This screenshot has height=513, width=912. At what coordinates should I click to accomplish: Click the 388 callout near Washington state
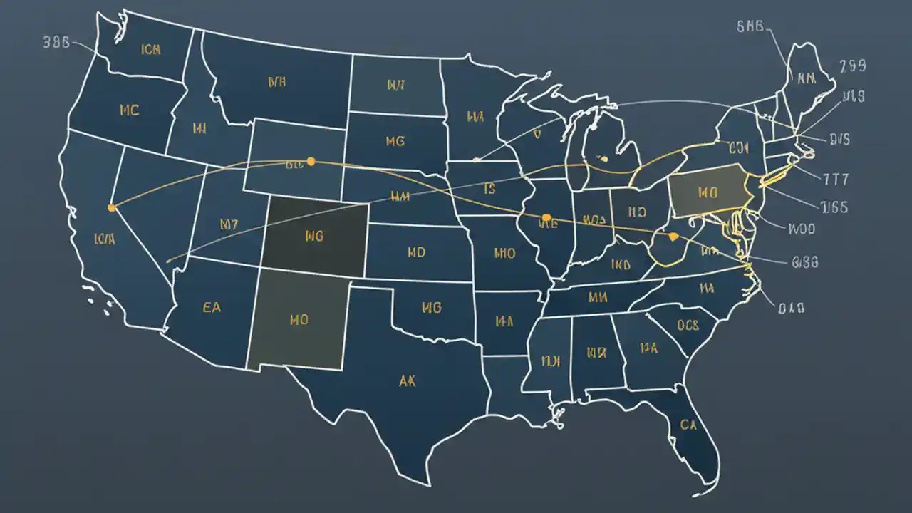tap(56, 41)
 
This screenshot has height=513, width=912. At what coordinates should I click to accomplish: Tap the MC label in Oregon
tap(130, 110)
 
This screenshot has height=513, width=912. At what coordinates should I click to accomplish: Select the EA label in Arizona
tap(212, 308)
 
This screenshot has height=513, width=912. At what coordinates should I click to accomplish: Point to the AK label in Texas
tap(408, 380)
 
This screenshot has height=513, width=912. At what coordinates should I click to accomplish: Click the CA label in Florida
tap(688, 425)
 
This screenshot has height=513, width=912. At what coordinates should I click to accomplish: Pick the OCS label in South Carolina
tap(688, 326)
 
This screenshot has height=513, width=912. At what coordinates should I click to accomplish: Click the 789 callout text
tap(852, 66)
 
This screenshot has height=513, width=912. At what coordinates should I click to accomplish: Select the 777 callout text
tap(836, 178)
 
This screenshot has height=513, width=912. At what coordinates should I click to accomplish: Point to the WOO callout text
tap(802, 229)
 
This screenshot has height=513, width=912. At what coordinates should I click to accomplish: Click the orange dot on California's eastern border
tap(111, 208)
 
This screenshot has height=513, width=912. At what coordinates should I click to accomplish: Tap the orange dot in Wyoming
tap(310, 162)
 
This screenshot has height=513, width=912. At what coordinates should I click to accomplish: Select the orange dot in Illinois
tap(546, 217)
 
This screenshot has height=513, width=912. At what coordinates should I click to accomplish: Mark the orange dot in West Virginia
tap(673, 236)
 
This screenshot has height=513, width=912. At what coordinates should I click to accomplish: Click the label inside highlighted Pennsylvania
tap(707, 192)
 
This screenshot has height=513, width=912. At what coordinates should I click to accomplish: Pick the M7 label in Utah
tap(229, 224)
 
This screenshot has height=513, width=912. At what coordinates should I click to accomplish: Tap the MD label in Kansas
tap(416, 252)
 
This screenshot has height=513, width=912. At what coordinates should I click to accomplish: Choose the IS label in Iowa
tap(489, 190)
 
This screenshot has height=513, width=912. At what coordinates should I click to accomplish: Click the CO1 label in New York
tap(739, 148)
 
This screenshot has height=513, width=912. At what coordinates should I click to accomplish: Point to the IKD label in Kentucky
tap(621, 265)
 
